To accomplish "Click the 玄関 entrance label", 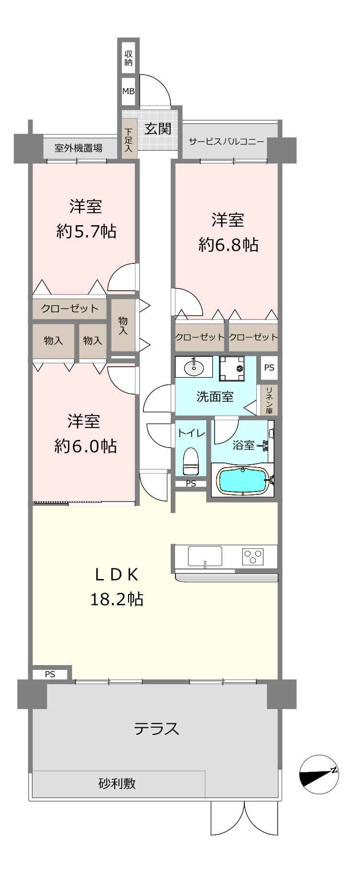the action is tap(158, 129).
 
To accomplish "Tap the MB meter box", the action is tap(128, 90).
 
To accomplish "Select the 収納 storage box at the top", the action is tap(128, 57).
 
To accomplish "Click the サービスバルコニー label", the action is tap(226, 142).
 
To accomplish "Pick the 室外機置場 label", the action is tap(78, 148).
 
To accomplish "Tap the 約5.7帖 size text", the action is tap(86, 231).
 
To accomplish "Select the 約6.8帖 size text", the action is tap(229, 245).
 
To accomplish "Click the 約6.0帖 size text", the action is tap(86, 446).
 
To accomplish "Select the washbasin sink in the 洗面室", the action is tap(194, 368).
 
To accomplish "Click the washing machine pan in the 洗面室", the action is tap(232, 368).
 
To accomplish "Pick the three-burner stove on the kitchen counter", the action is tap(253, 557).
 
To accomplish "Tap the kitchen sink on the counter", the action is tap(205, 557).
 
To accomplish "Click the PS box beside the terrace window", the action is tap(50, 674).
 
